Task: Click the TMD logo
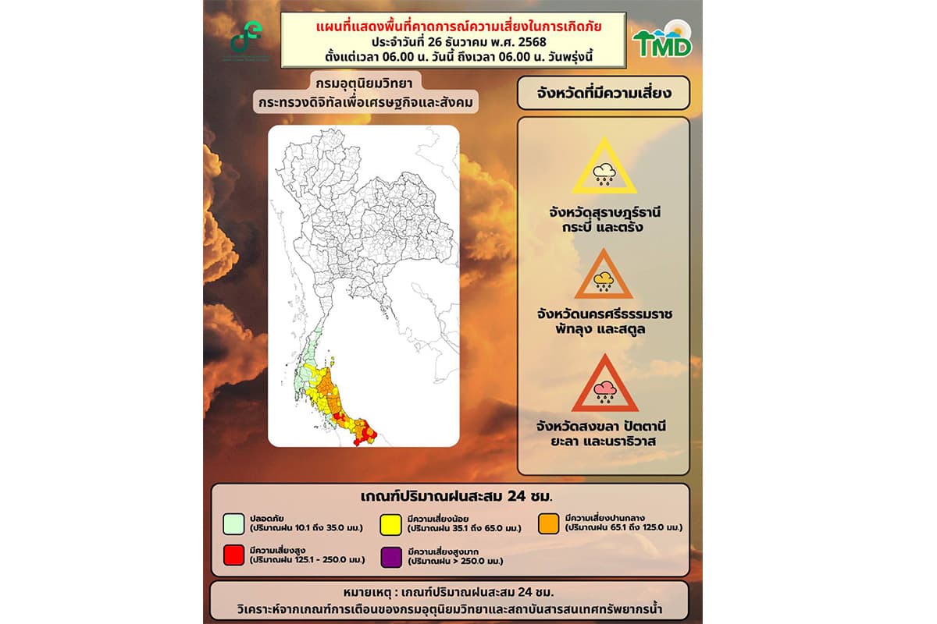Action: click(x=662, y=42)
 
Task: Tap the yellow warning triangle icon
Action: click(x=604, y=167)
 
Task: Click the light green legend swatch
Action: click(x=233, y=523)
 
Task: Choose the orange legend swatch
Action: click(x=549, y=523)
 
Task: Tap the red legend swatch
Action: click(x=233, y=556)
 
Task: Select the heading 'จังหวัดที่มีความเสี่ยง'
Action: click(x=604, y=93)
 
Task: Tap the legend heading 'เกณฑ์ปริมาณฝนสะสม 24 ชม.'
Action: click(x=449, y=498)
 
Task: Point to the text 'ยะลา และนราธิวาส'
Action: click(x=604, y=441)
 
